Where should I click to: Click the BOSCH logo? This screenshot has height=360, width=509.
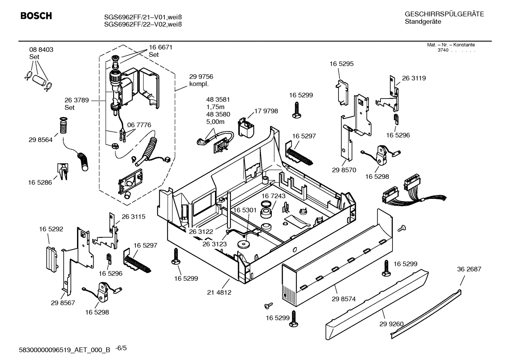click(x=36, y=16)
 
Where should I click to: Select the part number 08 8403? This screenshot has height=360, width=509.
click(x=41, y=50)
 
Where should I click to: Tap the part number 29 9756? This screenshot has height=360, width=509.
click(x=201, y=77)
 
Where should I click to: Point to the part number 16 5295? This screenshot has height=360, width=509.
click(x=341, y=64)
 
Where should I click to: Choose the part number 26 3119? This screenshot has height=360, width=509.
click(x=414, y=78)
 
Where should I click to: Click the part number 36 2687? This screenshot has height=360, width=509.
click(x=469, y=269)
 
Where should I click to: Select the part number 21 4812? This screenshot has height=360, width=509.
click(x=219, y=292)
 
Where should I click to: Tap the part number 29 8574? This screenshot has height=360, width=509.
click(x=343, y=299)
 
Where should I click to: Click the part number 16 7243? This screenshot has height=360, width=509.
click(x=274, y=196)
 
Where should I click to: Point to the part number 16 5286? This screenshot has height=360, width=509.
click(x=40, y=183)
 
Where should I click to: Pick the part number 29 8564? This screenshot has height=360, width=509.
click(x=41, y=140)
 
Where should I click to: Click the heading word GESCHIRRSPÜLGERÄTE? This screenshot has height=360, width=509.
click(x=444, y=14)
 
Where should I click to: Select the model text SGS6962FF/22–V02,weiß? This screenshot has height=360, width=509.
click(x=143, y=24)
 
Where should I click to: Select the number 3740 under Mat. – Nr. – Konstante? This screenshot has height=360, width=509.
click(x=443, y=50)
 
